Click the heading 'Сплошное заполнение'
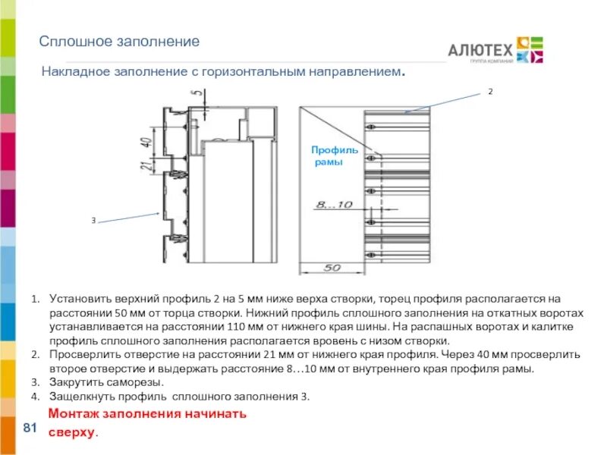[x=119, y=42]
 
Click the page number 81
[x=31, y=429]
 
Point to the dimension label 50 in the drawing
[x=332, y=268]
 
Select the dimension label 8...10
[x=335, y=205]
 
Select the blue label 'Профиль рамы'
[x=335, y=156]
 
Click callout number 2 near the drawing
[x=490, y=91]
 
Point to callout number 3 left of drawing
[x=93, y=221]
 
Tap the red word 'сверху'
[x=72, y=432]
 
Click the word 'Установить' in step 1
[x=80, y=300]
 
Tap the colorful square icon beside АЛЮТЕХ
[x=530, y=49]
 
